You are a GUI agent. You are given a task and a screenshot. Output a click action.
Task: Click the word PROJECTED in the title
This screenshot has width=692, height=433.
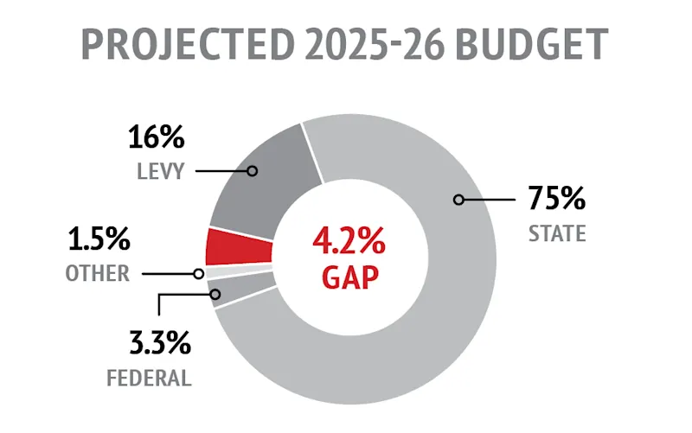180,43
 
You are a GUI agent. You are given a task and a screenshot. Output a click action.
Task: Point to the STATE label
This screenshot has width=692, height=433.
557,233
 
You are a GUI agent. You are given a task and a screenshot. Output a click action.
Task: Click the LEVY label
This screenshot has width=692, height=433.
160,170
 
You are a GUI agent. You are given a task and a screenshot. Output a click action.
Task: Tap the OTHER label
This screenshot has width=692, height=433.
98,274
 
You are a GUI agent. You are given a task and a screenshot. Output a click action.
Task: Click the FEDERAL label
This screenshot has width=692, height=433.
150,378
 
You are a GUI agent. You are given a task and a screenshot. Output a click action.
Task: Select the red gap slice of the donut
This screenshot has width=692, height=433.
239,247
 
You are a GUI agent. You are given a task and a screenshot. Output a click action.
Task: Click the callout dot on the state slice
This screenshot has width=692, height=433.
458,200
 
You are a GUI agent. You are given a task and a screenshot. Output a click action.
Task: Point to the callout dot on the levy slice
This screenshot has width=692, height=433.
252,171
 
